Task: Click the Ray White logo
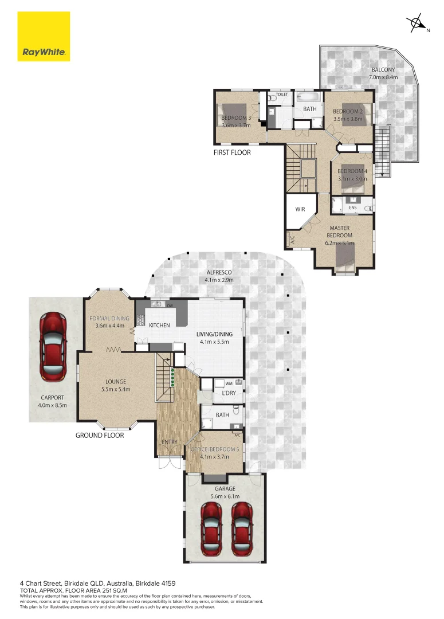click(44, 36)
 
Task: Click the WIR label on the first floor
click(300, 209)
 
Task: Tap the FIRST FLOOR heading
click(232, 152)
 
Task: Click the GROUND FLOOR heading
click(100, 435)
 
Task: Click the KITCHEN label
click(159, 325)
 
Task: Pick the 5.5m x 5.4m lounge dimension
click(115, 389)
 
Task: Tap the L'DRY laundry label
click(222, 394)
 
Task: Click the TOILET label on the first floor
click(281, 95)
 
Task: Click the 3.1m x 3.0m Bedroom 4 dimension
click(352, 179)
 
